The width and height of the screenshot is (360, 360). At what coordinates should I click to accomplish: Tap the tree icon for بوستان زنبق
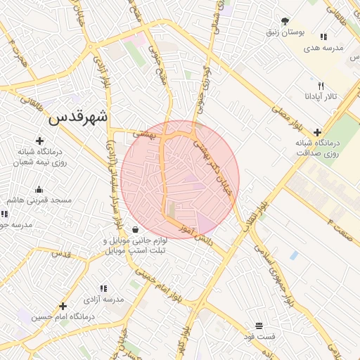click(285, 21)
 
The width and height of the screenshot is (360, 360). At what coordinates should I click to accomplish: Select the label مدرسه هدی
click(323, 48)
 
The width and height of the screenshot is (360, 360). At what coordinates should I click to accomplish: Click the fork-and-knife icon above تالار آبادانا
click(321, 85)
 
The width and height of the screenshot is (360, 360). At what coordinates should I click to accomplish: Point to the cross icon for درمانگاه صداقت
click(318, 131)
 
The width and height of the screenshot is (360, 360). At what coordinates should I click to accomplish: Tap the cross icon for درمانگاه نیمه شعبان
click(39, 141)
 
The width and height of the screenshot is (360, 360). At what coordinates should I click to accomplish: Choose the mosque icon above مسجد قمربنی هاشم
click(39, 189)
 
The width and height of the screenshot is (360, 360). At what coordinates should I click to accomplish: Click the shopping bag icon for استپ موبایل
click(134, 229)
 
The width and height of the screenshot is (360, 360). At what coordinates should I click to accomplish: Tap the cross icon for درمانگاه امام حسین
click(63, 306)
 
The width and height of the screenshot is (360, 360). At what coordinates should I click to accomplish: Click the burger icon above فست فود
click(259, 326)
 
